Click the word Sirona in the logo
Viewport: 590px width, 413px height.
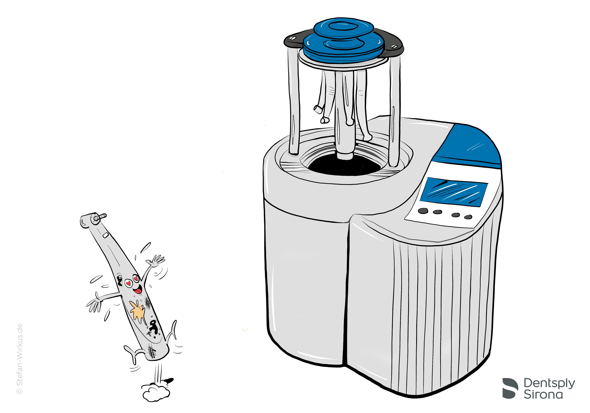coord(543,395)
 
